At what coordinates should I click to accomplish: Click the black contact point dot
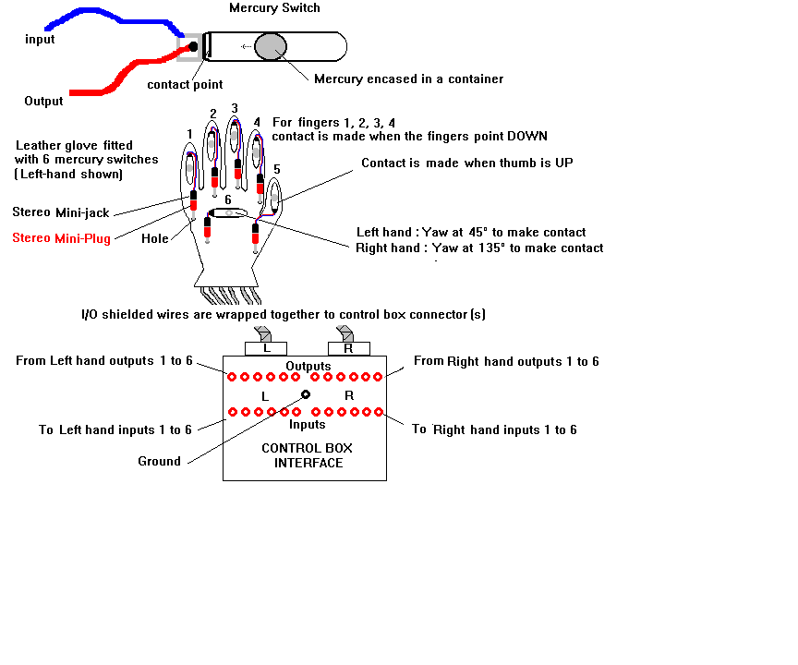pyautogui.click(x=193, y=46)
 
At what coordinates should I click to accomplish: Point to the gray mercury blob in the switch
pyautogui.click(x=271, y=46)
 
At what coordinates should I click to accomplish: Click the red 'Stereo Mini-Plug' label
pyautogui.click(x=61, y=238)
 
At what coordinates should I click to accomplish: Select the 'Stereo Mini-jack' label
pyautogui.click(x=60, y=212)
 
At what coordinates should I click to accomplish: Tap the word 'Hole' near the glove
pyautogui.click(x=155, y=238)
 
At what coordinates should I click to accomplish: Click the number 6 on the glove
pyautogui.click(x=228, y=199)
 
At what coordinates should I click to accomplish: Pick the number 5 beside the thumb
pyautogui.click(x=278, y=170)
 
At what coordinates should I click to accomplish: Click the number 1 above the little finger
pyautogui.click(x=189, y=134)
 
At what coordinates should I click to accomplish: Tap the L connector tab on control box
pyautogui.click(x=265, y=348)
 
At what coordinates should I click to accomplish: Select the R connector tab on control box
pyautogui.click(x=348, y=348)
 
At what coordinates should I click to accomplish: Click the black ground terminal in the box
pyautogui.click(x=306, y=394)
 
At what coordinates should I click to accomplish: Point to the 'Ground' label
pyautogui.click(x=159, y=461)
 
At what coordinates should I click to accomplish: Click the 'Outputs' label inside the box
pyautogui.click(x=308, y=366)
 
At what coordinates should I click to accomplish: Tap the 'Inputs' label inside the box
pyautogui.click(x=308, y=424)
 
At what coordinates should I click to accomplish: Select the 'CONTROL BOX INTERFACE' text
pyautogui.click(x=308, y=455)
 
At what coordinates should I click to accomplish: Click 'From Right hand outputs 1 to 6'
pyautogui.click(x=505, y=361)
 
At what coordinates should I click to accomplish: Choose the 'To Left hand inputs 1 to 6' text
pyautogui.click(x=115, y=429)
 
